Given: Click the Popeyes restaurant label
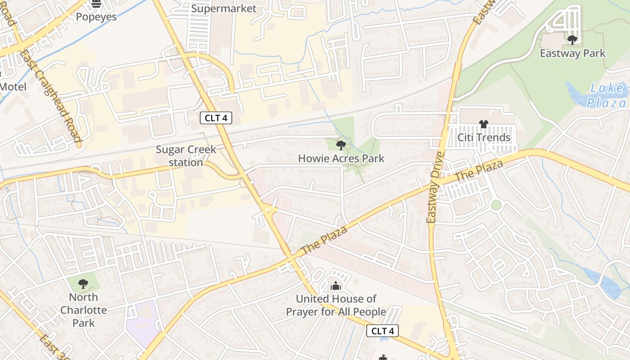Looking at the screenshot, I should coord(96,17).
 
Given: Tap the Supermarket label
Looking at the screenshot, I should coord(224,9).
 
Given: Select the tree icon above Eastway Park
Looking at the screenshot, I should coord(572,40).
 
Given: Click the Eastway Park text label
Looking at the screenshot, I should coord(572,53).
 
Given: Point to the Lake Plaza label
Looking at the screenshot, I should coord(607,95).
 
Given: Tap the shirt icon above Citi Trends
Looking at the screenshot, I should coord(483,124).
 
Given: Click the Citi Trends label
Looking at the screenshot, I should coord(484,138).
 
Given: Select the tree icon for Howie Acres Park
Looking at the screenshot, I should coord(341,145).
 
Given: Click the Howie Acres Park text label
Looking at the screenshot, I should coord(341,158).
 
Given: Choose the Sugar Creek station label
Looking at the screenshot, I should coord(185,156).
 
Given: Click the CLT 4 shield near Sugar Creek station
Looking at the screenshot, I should coord(216,118).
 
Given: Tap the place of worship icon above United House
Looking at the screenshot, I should coord(335,286).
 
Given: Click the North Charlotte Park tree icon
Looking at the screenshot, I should coord(83,284).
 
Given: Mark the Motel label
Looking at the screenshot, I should coord(13,87).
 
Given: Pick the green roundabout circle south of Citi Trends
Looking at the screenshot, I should coord(496,205).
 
